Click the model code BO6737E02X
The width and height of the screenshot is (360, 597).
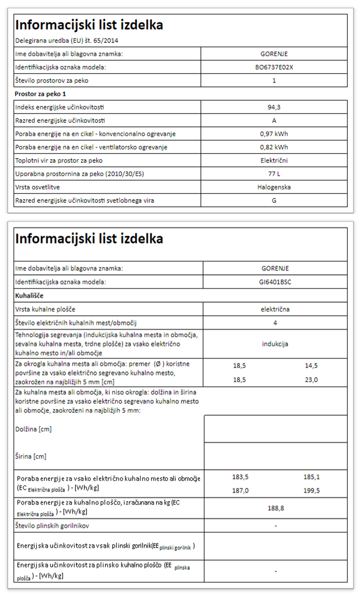(274, 67)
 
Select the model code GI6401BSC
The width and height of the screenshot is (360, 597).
(275, 282)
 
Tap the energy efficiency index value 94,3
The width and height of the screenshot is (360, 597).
(274, 107)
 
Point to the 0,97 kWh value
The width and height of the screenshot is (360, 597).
(274, 134)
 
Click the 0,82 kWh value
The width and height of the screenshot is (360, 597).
(274, 147)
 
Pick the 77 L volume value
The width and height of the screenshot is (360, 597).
(274, 174)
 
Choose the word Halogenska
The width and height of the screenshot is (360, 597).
(274, 187)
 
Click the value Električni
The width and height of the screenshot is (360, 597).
(274, 161)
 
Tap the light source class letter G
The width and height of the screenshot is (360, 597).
(274, 201)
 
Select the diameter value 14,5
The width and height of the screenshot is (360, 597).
(311, 365)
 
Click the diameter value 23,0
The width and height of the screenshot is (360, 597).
(311, 380)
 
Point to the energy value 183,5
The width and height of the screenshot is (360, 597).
(240, 477)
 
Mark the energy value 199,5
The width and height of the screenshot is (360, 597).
(311, 490)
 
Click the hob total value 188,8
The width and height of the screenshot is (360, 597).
(276, 508)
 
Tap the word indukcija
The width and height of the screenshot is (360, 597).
(275, 344)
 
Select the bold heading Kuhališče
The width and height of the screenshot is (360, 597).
(29, 296)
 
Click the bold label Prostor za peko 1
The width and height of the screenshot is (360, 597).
(40, 94)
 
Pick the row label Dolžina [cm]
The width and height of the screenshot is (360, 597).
(33, 429)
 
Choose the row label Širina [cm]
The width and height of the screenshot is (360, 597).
(31, 456)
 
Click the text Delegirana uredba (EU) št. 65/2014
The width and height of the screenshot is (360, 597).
(67, 41)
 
